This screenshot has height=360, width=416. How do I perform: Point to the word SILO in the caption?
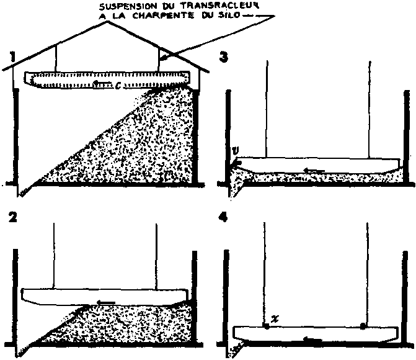click(x=229, y=15)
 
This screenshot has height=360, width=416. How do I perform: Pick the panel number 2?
click(x=12, y=217)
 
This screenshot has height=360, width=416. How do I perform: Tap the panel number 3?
click(x=224, y=56)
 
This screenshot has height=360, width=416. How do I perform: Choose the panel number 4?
click(x=223, y=218)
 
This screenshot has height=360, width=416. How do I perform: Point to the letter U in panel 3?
click(x=236, y=151)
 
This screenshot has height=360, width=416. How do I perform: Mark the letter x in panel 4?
click(x=275, y=319)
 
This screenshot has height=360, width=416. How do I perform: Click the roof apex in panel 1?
click(x=107, y=22)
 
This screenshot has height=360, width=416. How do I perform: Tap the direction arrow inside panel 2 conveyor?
click(x=106, y=302)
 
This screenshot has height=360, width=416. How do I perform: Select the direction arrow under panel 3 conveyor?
click(x=314, y=170)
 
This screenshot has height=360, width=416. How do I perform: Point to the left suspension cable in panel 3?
click(x=267, y=109)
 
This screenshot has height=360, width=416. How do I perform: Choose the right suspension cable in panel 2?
click(x=156, y=256)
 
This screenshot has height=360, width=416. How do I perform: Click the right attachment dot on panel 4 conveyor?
click(x=363, y=326)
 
